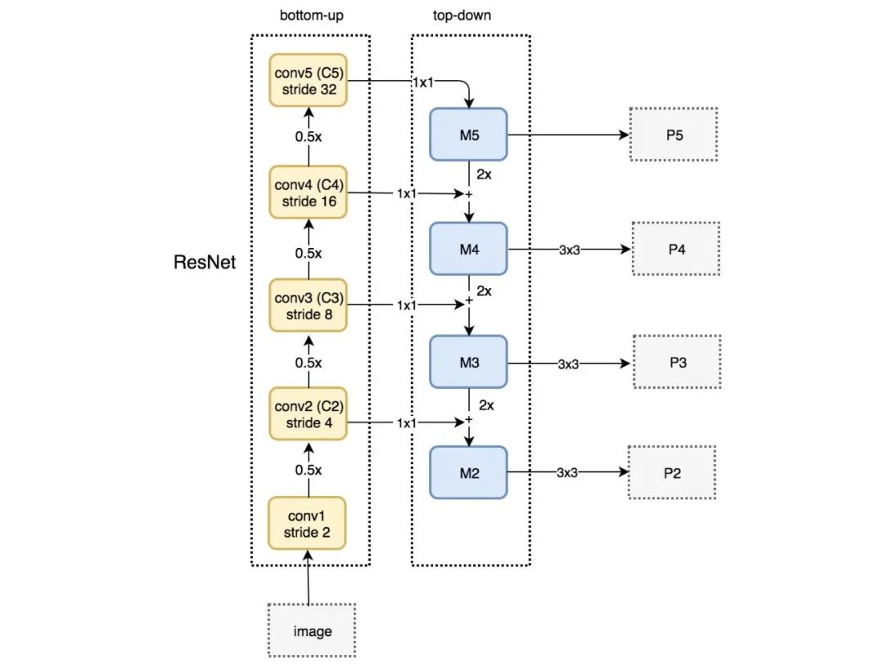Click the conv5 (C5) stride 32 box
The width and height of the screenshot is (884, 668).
click(308, 80)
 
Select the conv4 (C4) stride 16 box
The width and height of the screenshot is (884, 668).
click(308, 193)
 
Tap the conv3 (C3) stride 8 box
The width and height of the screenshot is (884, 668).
click(308, 305)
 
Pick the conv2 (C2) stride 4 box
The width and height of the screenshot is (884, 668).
click(308, 413)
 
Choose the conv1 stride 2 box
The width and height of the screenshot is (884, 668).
click(307, 523)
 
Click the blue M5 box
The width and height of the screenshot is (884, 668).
click(468, 135)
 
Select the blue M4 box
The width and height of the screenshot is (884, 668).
click(468, 249)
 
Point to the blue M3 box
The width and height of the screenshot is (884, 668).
click(468, 362)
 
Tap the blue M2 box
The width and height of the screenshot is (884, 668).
click(468, 472)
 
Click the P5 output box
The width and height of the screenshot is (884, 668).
click(674, 135)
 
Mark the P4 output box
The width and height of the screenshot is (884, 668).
click(676, 249)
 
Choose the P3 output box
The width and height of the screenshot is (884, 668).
click(677, 362)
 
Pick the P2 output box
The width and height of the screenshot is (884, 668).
click(672, 472)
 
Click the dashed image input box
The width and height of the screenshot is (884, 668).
click(312, 630)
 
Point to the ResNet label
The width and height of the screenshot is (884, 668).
click(204, 262)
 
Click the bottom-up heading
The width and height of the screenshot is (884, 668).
click(311, 16)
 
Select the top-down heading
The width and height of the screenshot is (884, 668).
click(462, 16)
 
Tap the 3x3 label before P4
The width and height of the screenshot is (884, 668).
click(570, 250)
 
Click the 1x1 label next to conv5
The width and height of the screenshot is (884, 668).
click(423, 83)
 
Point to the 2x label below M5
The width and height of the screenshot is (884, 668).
click(484, 174)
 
